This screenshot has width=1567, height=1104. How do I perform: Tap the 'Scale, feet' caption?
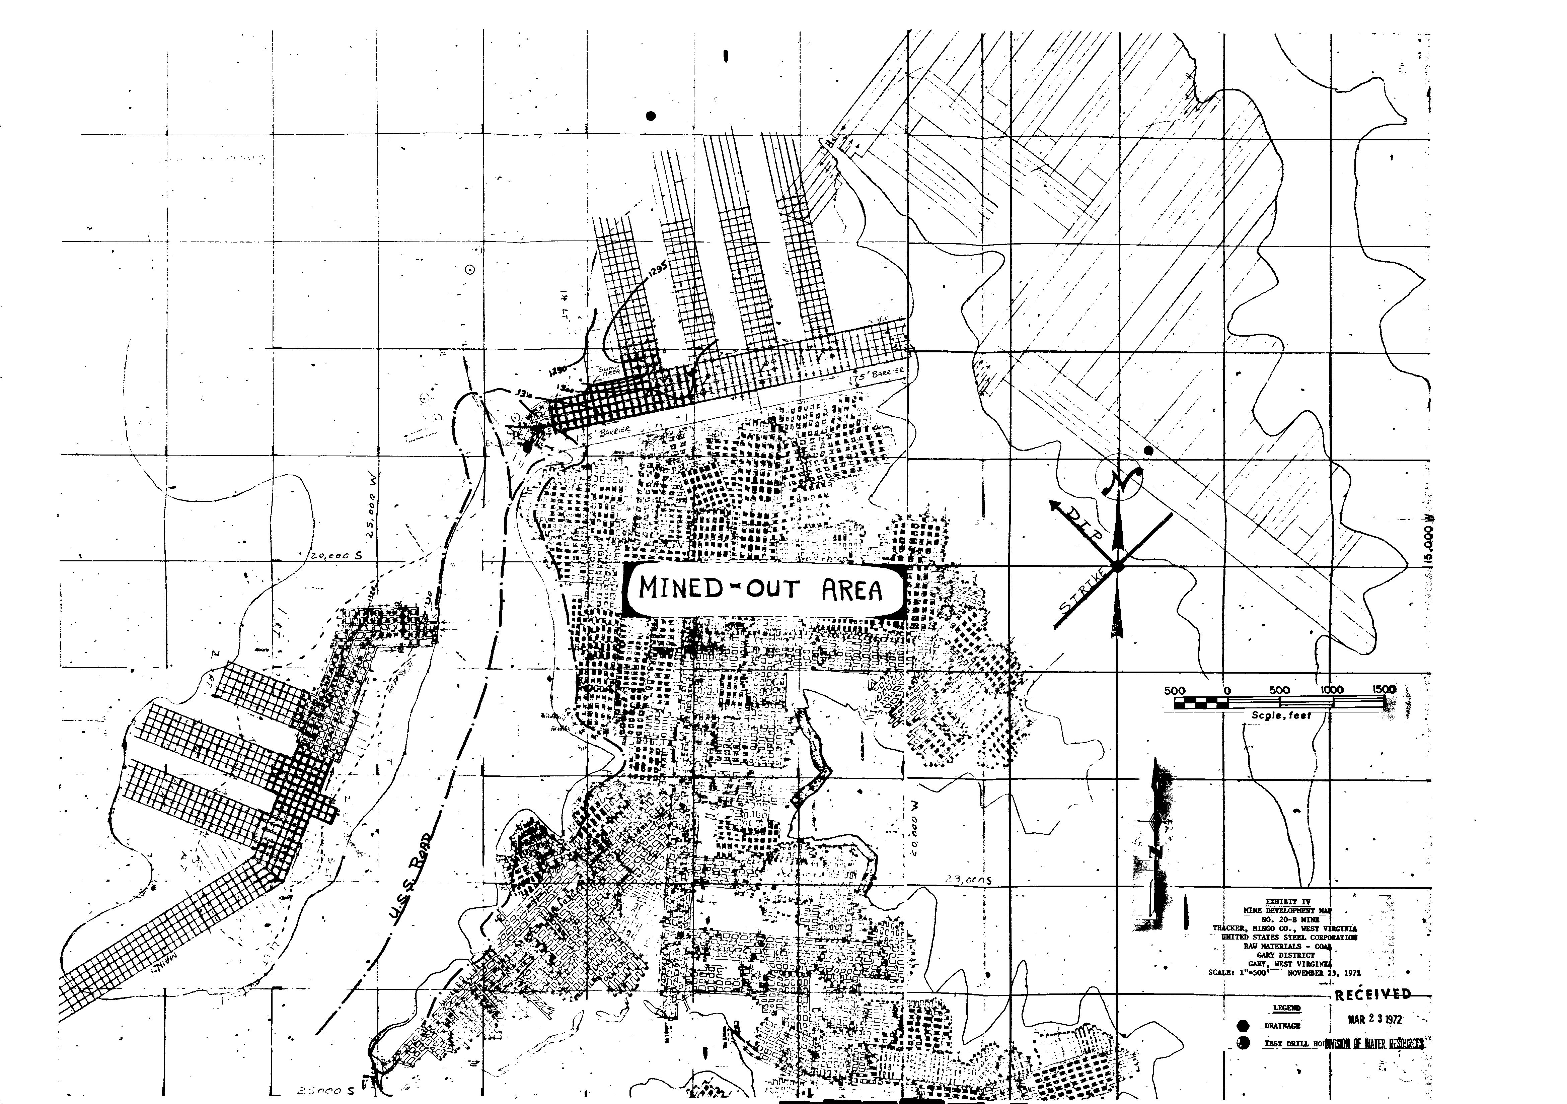(x=1281, y=715)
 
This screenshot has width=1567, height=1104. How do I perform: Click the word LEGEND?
(x=1286, y=1009)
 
